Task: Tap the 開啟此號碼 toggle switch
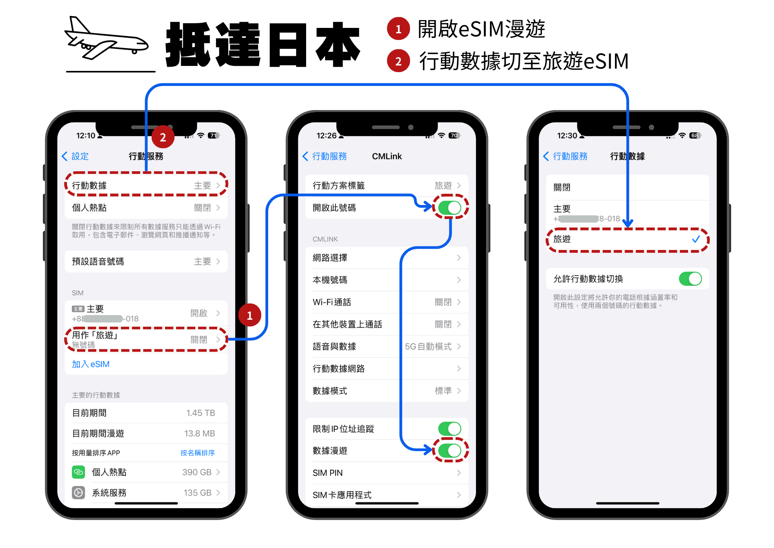(450, 208)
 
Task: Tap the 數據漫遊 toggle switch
(450, 450)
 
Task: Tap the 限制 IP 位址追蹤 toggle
(450, 429)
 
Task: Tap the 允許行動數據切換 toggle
(690, 279)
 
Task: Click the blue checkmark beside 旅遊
(696, 239)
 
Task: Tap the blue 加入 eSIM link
(91, 364)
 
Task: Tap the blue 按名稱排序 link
(197, 453)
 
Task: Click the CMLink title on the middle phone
(387, 156)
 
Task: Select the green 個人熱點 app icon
(79, 472)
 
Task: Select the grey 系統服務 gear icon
(79, 493)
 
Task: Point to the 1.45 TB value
(200, 413)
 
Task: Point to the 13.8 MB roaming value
(199, 433)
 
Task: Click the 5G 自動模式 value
(428, 346)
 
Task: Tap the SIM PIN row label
(327, 473)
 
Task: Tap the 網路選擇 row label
(330, 258)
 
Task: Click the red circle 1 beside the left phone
(250, 315)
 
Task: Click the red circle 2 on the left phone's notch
(163, 137)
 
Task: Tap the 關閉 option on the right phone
(562, 188)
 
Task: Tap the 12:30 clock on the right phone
(567, 136)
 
